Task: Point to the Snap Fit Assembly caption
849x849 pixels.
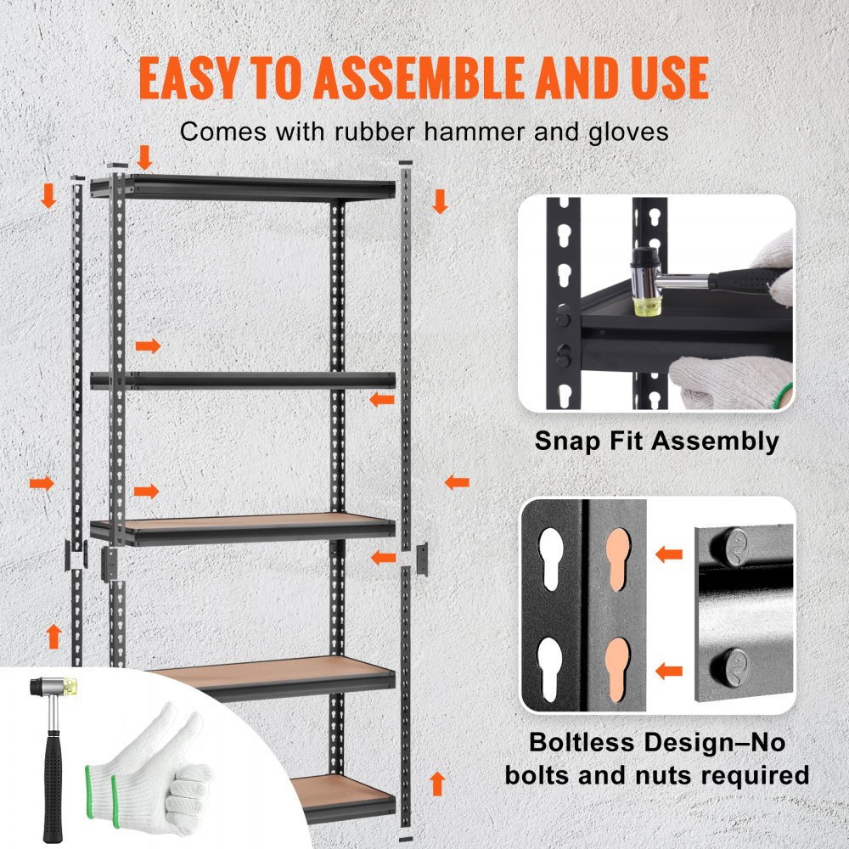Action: [656, 441]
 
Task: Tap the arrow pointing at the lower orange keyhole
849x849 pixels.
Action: [669, 671]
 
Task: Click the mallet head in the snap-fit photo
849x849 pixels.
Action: [648, 279]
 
